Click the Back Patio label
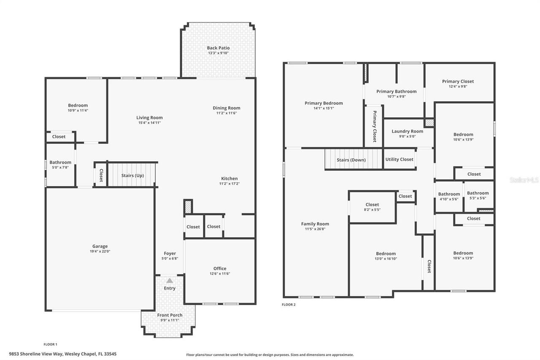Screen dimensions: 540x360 pyautogui.click(x=218, y=48)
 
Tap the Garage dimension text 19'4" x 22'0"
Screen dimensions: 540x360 pyautogui.click(x=100, y=251)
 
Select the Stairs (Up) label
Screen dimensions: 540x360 pyautogui.click(x=132, y=176)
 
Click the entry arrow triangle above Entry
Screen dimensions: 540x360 pyautogui.click(x=170, y=280)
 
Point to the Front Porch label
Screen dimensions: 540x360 pyautogui.click(x=170, y=315)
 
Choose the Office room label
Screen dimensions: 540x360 pyautogui.click(x=220, y=268)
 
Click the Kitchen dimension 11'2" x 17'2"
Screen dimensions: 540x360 pyautogui.click(x=229, y=184)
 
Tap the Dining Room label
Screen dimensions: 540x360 pyautogui.click(x=227, y=108)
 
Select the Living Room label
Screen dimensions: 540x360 pyautogui.click(x=149, y=118)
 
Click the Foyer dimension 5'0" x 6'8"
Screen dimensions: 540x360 pyautogui.click(x=170, y=258)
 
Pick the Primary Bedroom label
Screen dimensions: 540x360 pyautogui.click(x=324, y=103)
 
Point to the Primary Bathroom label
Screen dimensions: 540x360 pyautogui.click(x=396, y=92)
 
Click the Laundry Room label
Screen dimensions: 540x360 pyautogui.click(x=407, y=131)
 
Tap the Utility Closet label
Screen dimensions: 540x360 pyautogui.click(x=399, y=160)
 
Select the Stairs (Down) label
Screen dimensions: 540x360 pyautogui.click(x=351, y=160)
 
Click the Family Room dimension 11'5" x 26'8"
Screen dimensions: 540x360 pyautogui.click(x=315, y=229)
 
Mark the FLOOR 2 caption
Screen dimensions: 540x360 pyautogui.click(x=289, y=305)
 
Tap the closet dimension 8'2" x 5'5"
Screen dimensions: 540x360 pyautogui.click(x=372, y=210)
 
